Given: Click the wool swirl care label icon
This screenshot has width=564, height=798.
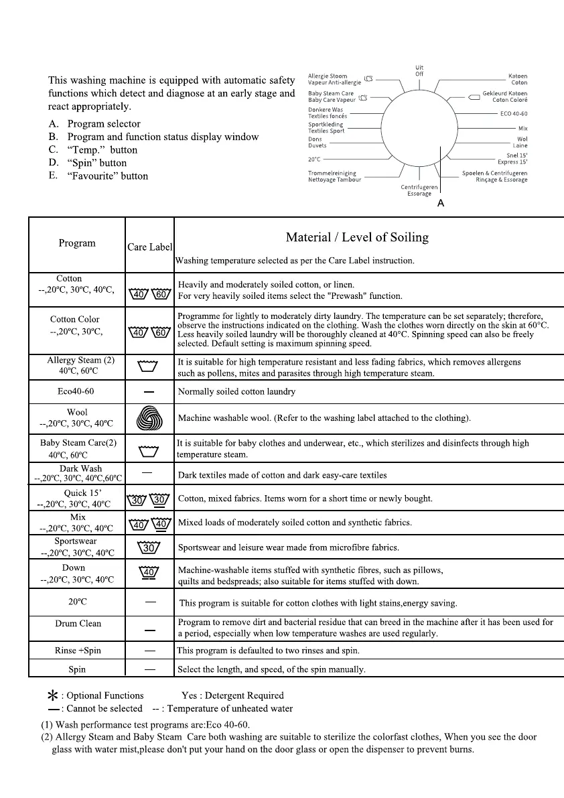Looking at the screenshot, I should (149, 418).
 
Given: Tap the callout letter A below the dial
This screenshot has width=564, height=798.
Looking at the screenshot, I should (440, 203).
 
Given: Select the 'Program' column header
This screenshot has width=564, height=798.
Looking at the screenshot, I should (77, 243).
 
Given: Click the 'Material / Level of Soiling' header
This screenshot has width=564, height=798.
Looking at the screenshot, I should (357, 237).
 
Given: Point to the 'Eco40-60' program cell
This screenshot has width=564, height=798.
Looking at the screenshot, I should (76, 391).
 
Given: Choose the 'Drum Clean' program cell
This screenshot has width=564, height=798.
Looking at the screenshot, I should (78, 623).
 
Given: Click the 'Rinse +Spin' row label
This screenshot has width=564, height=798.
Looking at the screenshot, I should (77, 651).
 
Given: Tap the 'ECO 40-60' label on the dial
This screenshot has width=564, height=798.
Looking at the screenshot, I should (514, 114).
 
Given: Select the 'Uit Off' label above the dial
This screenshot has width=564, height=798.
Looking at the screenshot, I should (419, 70).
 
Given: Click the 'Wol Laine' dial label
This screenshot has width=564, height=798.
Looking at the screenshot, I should (520, 142).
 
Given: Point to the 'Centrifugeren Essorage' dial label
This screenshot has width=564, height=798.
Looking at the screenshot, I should (419, 191).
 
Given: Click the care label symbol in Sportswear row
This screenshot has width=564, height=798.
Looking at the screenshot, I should (149, 547).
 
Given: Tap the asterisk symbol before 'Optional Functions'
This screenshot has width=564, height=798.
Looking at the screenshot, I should (53, 696).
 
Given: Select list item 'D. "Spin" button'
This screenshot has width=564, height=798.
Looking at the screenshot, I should (88, 163).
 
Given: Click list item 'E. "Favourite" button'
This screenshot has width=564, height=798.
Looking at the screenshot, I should (98, 176).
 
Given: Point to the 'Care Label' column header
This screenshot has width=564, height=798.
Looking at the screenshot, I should (149, 247).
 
